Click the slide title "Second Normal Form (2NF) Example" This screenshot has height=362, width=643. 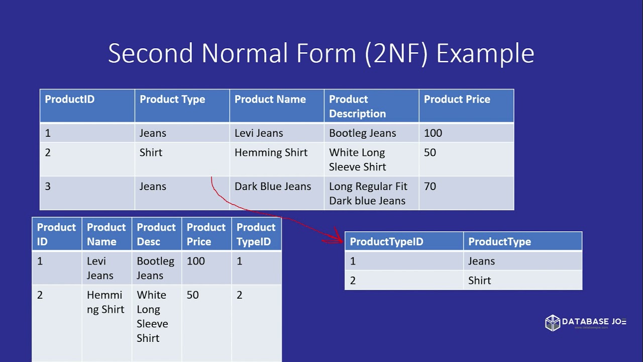click(321, 53)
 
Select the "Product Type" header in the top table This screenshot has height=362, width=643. click(172, 100)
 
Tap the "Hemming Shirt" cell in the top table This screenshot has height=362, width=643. click(271, 153)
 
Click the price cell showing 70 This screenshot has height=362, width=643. click(430, 187)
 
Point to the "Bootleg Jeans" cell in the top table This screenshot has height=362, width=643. click(362, 133)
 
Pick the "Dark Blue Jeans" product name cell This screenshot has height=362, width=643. click(273, 187)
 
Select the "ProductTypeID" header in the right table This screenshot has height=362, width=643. click(386, 242)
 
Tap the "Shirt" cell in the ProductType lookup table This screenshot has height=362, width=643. click(480, 281)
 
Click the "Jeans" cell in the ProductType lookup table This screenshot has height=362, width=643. click(481, 261)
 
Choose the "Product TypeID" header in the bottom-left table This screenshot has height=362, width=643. click(256, 234)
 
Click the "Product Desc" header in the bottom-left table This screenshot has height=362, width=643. click(156, 234)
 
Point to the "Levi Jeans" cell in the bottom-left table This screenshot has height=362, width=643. click(100, 268)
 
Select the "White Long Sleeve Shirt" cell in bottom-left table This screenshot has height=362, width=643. click(152, 316)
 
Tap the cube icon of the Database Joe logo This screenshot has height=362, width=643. click(553, 323)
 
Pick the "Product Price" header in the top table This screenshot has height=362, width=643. click(457, 100)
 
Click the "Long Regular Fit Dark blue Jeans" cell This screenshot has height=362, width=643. click(368, 194)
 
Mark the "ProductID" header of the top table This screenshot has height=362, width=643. click(69, 100)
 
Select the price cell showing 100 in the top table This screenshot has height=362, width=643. click(433, 133)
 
